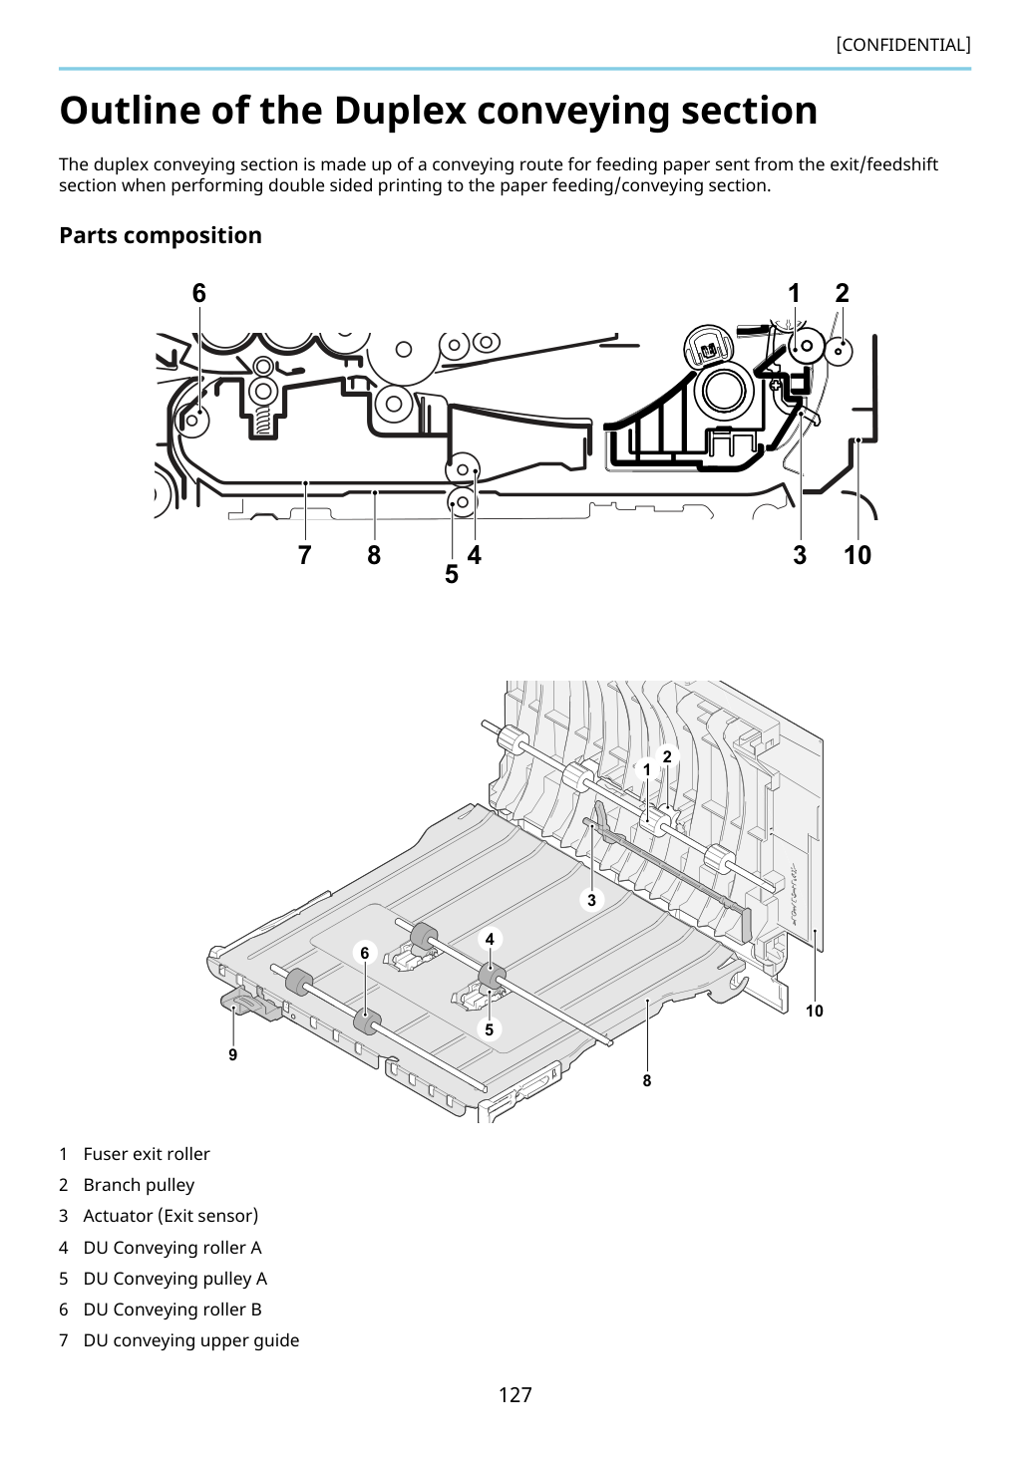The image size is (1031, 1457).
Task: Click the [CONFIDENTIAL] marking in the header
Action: click(902, 45)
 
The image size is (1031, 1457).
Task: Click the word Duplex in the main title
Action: click(400, 110)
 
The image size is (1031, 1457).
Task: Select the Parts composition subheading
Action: click(161, 235)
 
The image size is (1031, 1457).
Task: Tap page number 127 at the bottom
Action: click(515, 1394)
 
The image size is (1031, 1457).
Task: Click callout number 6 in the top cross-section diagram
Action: click(199, 293)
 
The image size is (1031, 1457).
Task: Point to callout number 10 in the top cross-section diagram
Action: click(858, 555)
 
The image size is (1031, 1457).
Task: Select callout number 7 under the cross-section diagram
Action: click(305, 555)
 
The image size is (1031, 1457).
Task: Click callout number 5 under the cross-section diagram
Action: click(452, 574)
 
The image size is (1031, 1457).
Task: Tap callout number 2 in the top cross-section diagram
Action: click(843, 293)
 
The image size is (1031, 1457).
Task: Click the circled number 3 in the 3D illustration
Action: click(591, 900)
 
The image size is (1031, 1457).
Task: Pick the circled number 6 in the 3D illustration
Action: click(365, 953)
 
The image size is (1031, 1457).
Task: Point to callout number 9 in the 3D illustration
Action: click(233, 1054)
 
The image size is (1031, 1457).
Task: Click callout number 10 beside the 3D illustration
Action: click(815, 1011)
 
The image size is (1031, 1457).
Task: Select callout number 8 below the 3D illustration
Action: click(646, 1080)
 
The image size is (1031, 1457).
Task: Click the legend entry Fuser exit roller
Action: click(147, 1154)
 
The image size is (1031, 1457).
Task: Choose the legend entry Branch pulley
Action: click(139, 1185)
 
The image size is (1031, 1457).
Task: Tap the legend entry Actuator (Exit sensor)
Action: click(171, 1216)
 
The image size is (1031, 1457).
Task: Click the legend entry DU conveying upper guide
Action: click(191, 1340)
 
